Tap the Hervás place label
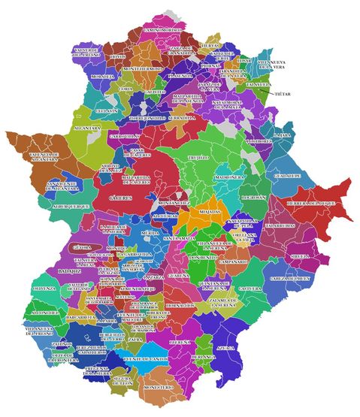point(211,46)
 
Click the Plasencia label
point(181,76)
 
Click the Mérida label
point(150,234)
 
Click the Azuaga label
point(225,349)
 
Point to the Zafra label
point(136,340)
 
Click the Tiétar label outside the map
point(282,95)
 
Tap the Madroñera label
point(228,177)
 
